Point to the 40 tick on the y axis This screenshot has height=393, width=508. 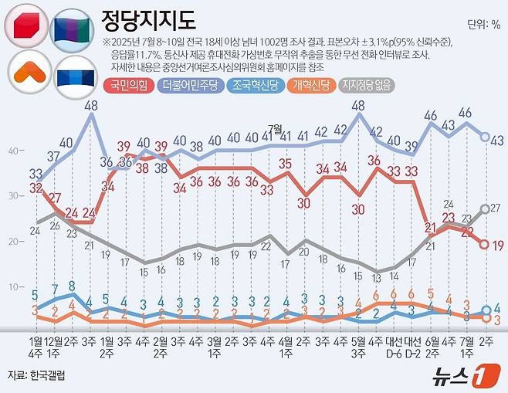pos(13,151)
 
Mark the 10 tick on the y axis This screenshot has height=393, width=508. pos(13,287)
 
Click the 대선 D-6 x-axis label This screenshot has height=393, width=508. pos(394,345)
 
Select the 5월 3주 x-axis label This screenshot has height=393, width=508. pos(358,345)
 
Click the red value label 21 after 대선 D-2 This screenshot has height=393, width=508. pos(431,227)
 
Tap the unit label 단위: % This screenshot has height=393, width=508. pos(483,24)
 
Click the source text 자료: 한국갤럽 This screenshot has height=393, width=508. pos(36,374)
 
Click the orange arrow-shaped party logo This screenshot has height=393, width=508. pos(27,73)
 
